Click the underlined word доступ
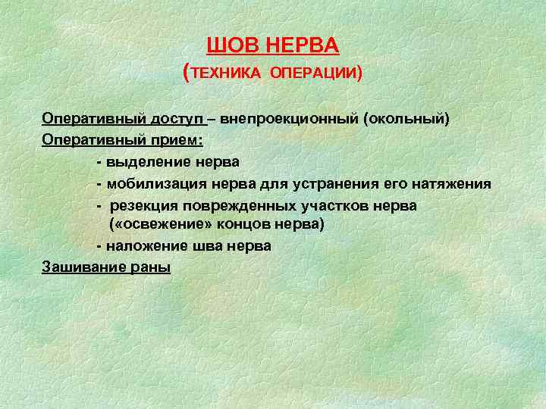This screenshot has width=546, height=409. point(177,120)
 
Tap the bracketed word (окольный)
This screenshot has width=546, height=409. point(406,120)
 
